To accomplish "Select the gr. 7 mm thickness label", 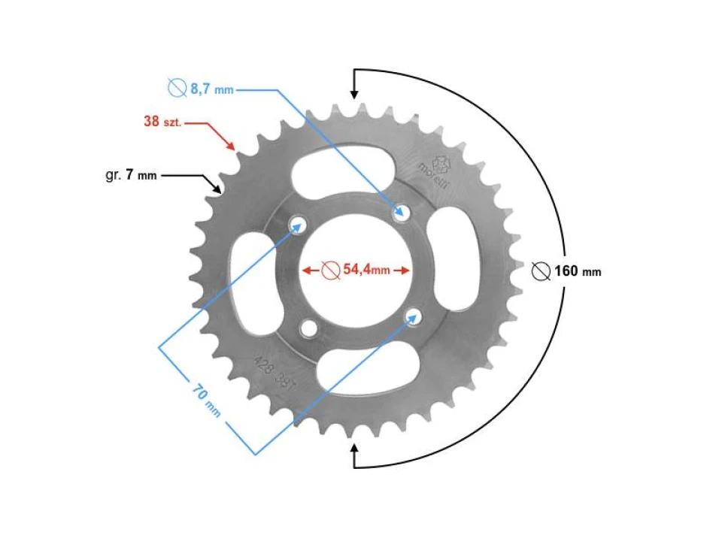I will (x=131, y=176).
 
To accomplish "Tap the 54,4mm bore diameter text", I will (x=366, y=270).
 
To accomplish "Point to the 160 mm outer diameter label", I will (x=578, y=271).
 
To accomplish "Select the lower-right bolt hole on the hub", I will (x=411, y=316).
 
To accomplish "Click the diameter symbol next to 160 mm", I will (x=540, y=271).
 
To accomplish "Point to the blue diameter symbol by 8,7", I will (x=177, y=89).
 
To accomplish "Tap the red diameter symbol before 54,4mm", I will (x=329, y=270).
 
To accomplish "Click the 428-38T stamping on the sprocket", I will (x=275, y=370).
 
